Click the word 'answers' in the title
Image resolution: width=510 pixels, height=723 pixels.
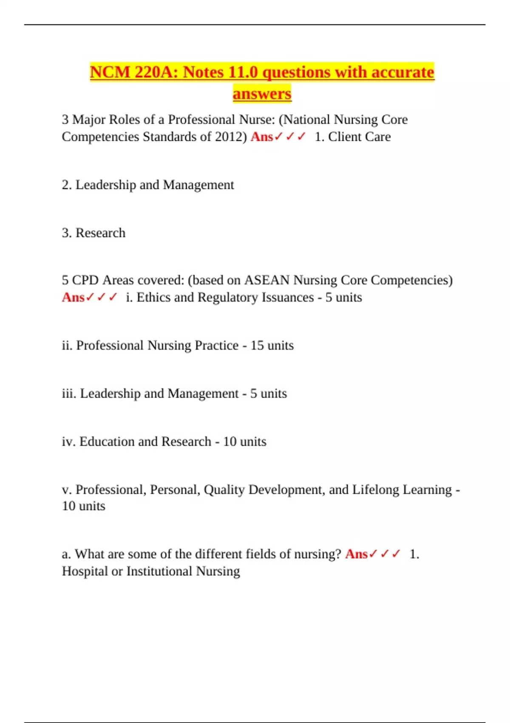coord(262,94)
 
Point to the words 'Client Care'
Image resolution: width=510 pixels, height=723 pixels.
coord(359,137)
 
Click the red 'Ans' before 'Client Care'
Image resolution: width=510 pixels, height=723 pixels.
coord(261,137)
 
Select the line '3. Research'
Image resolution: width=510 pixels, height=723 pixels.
coord(93,233)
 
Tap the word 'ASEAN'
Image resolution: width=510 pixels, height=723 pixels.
coord(266,280)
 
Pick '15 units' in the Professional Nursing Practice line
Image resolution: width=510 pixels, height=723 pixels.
coord(272,345)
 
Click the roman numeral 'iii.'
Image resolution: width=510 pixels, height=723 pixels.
coord(69,393)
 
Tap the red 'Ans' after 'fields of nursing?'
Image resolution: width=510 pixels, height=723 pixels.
coord(356,554)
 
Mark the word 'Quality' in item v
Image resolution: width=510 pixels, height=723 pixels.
coord(224,490)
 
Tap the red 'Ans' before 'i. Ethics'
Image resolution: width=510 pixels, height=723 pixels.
coord(73,297)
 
